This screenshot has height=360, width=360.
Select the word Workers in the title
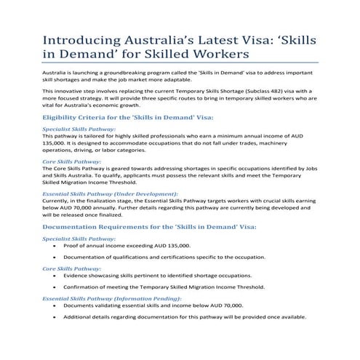pyautogui.click(x=218, y=55)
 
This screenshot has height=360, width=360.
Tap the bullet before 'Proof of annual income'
pyautogui.click(x=55, y=247)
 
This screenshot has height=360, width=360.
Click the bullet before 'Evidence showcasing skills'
pyautogui.click(x=55, y=278)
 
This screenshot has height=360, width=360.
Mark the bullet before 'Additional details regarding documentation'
pyautogui.click(x=55, y=317)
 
